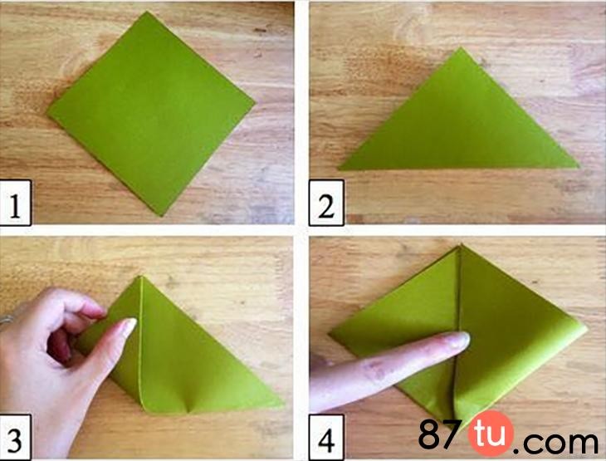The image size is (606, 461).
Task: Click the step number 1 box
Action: click(16, 203)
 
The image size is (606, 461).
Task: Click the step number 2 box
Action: click(326, 203)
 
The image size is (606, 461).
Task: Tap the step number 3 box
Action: click(15, 437)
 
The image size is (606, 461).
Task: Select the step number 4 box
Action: click(326, 438)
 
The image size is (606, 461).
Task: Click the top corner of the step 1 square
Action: click(147, 12)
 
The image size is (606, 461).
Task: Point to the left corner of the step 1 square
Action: click(47, 114)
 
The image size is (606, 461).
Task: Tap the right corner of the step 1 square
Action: click(256, 103)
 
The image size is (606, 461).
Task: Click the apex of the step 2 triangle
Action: click(460, 47)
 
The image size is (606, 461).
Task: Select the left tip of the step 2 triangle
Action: click(339, 169)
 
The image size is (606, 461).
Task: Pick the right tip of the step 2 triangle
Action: click(579, 167)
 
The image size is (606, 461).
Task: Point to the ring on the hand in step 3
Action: click(6, 321)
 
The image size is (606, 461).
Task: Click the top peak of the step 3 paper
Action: click(140, 277)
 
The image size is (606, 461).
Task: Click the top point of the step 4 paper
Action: click(461, 245)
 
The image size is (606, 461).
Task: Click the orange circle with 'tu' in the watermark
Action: click(491, 434)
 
